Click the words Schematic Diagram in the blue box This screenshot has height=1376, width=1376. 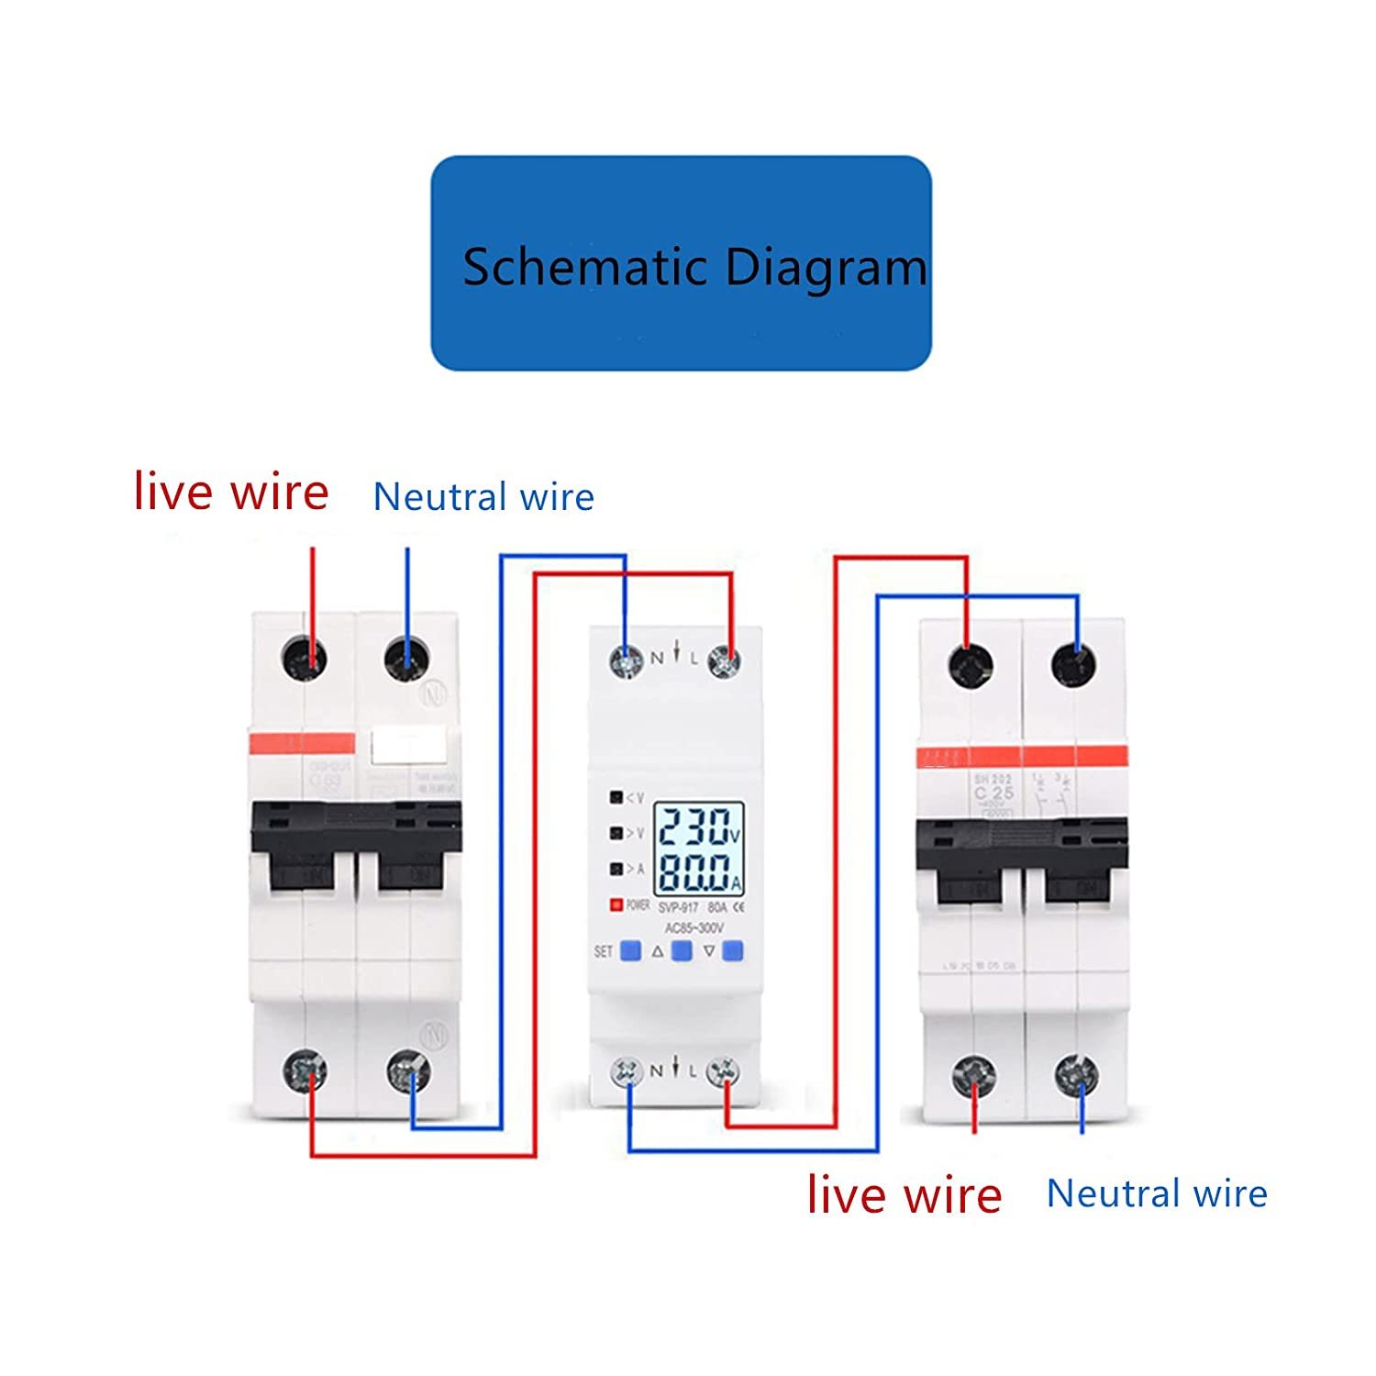(694, 267)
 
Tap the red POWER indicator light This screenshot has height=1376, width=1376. (616, 904)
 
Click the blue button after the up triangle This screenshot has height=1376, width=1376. (681, 950)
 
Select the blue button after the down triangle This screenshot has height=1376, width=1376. (732, 950)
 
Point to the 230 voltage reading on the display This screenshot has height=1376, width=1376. (694, 827)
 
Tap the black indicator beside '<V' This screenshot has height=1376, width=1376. (616, 797)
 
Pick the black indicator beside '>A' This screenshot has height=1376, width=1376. (616, 868)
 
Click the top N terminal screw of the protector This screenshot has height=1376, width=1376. (627, 660)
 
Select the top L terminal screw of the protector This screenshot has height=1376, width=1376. (724, 660)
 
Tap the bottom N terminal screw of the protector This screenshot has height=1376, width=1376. (627, 1071)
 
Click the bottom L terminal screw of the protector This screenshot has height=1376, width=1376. (724, 1071)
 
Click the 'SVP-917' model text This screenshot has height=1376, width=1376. (679, 908)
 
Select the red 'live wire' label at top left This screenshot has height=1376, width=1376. (231, 493)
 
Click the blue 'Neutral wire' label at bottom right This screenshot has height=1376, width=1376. (1157, 1193)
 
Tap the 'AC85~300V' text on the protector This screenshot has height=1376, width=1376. (694, 928)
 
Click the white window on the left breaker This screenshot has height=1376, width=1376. (406, 746)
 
